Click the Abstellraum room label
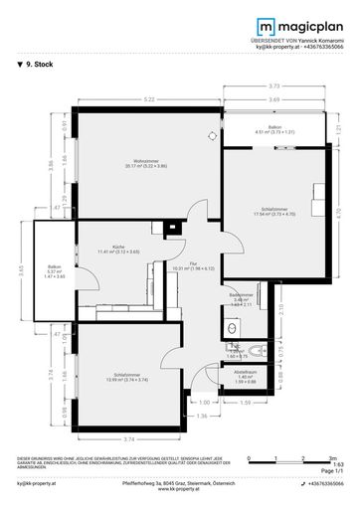pyautogui.click(x=246, y=376)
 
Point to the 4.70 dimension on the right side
pyautogui.click(x=338, y=211)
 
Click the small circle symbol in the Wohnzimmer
pyautogui.click(x=210, y=135)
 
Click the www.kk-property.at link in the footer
pyautogui.click(x=179, y=488)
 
